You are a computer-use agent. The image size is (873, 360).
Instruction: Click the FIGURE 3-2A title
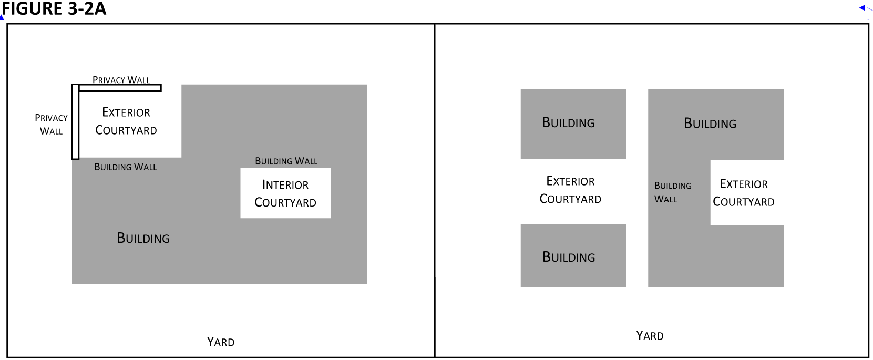(54, 9)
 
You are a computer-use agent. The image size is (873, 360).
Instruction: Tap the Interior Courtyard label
(285, 193)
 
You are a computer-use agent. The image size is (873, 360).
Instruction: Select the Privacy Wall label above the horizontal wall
(121, 80)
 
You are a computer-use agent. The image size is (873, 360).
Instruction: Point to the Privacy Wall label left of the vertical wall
(51, 125)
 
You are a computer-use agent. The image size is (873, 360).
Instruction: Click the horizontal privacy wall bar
(120, 88)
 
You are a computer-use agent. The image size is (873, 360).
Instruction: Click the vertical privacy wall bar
(76, 122)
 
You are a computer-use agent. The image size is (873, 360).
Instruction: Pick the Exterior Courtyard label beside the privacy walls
(126, 121)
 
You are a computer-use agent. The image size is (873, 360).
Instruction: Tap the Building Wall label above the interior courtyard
(286, 161)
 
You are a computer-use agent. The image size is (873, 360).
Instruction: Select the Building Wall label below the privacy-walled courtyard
(126, 167)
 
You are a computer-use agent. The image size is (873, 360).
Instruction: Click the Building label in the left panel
(143, 238)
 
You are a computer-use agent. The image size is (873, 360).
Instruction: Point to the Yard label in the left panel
(221, 342)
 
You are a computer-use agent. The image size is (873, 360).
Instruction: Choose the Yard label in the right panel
(650, 336)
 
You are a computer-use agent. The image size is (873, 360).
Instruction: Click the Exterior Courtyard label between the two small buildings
(570, 190)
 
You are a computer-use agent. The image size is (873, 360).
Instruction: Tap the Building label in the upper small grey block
(568, 122)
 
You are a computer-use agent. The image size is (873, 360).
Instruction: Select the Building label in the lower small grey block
(569, 257)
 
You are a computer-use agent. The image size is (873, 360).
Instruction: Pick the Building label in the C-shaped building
(710, 124)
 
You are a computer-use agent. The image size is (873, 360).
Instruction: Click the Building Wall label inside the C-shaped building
(673, 192)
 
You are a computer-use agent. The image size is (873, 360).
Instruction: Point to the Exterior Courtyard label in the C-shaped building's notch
(744, 193)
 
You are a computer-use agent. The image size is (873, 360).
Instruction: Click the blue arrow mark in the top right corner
(863, 8)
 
